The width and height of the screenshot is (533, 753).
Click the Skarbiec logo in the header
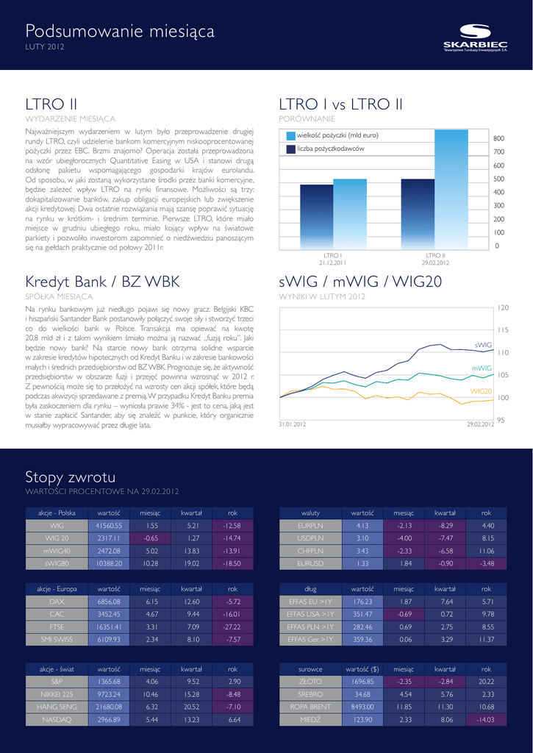(475, 38)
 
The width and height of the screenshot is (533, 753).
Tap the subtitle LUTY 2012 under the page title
(45, 48)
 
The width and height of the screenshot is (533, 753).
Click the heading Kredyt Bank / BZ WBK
(102, 282)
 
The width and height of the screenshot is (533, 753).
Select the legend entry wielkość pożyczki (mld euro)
(337, 135)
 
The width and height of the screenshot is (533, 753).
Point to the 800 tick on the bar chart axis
(498, 138)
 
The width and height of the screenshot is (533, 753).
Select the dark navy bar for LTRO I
(316, 216)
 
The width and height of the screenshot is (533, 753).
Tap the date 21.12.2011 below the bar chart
(332, 263)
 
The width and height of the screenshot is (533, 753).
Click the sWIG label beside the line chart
(482, 344)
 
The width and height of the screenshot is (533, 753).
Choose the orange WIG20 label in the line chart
(481, 391)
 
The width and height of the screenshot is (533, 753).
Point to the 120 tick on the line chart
(503, 307)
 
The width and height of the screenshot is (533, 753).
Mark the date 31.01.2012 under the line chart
(292, 425)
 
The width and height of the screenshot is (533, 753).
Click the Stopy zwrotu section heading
(70, 477)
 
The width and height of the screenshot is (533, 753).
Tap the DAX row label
(57, 602)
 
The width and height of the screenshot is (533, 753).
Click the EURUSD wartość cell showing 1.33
(362, 563)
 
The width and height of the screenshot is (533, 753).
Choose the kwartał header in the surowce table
(444, 669)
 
